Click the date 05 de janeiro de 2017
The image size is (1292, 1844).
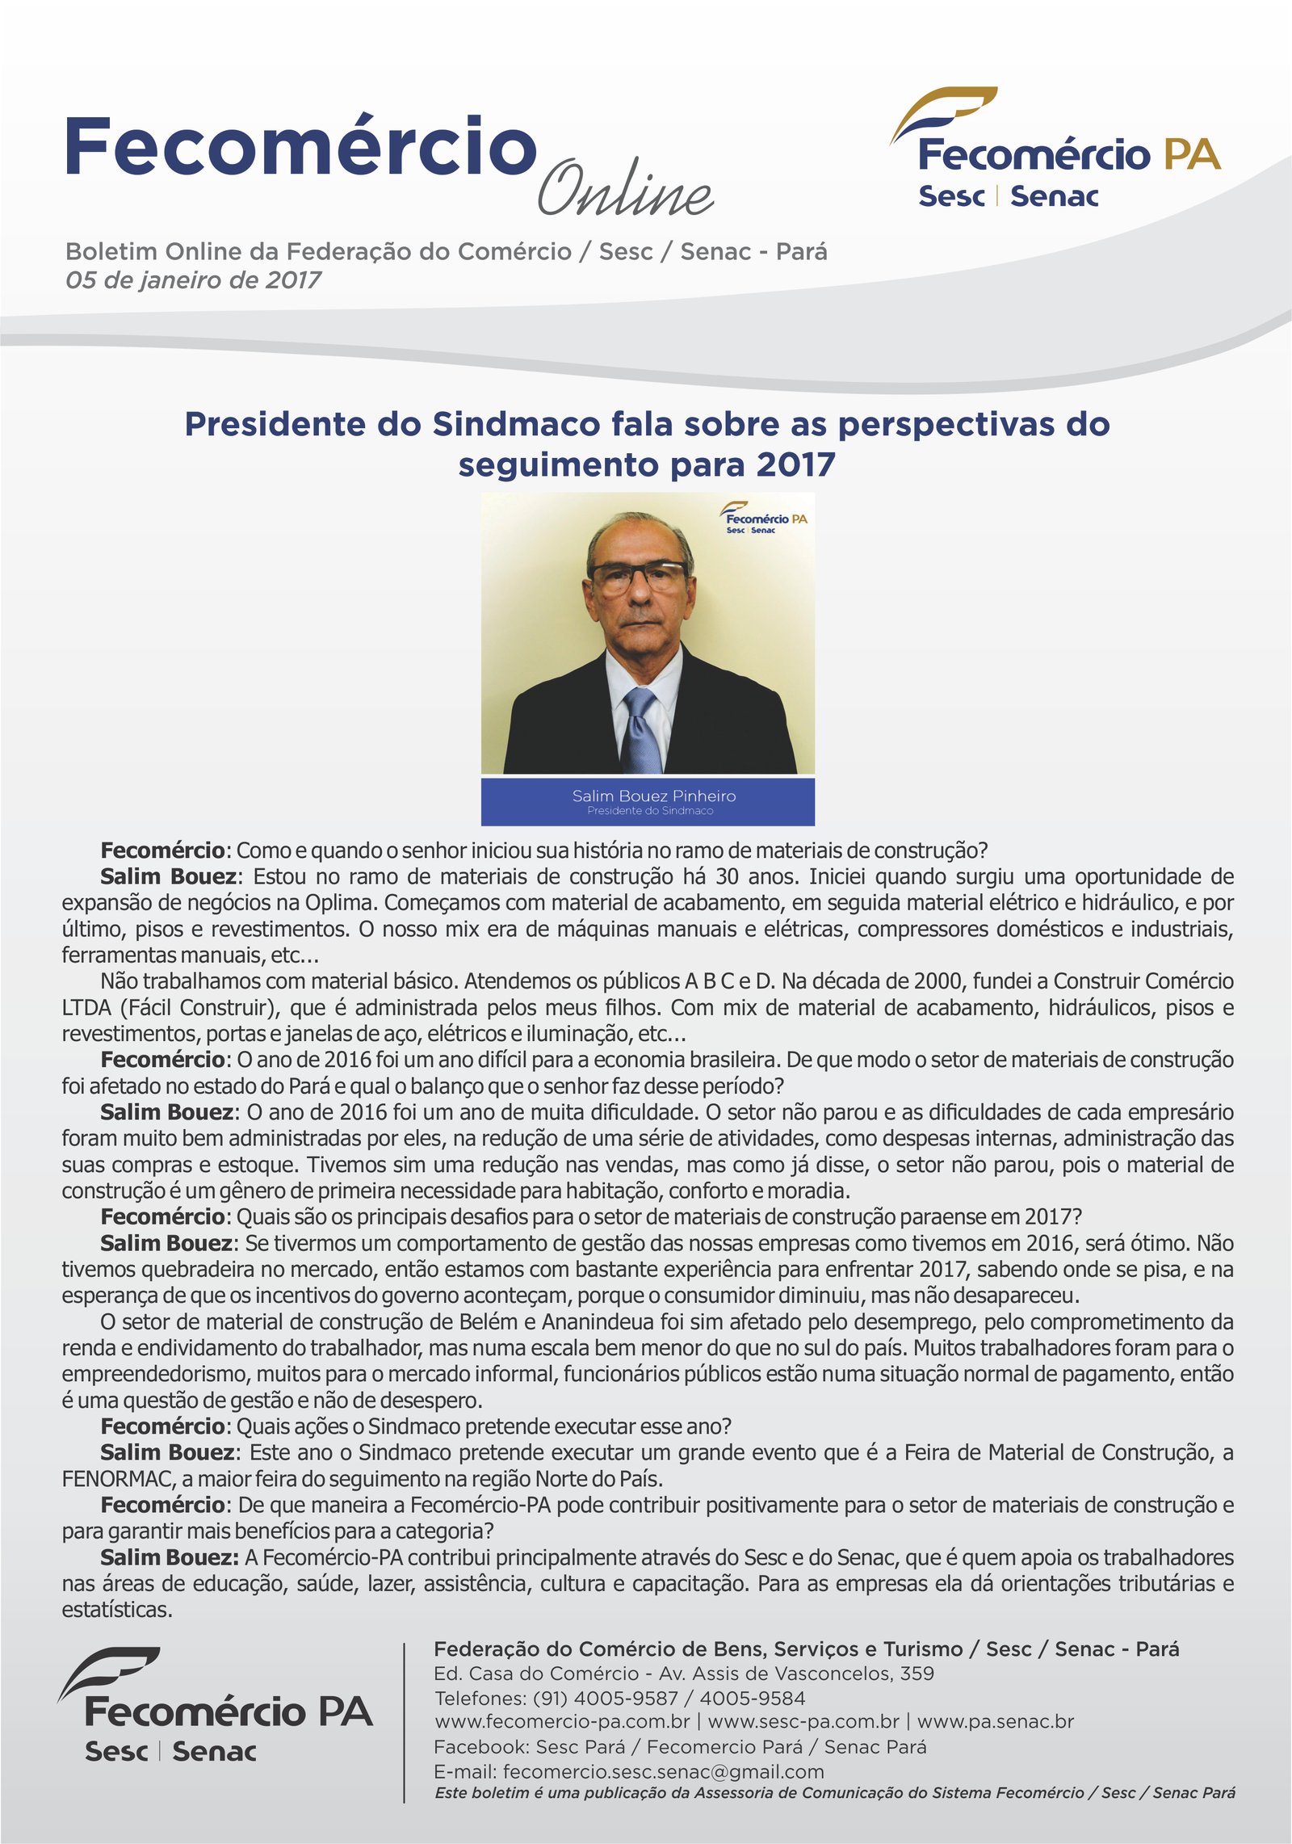point(193,280)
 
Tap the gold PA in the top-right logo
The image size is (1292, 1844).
point(1192,154)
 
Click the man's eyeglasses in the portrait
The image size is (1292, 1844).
point(639,576)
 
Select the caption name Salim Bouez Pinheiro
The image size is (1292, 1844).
point(653,796)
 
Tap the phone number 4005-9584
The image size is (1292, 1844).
point(753,1698)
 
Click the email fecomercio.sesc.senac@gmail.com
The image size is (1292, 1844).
point(663,1771)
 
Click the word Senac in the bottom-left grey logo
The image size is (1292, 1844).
point(214,1752)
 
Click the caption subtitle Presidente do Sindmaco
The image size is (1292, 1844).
point(650,811)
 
